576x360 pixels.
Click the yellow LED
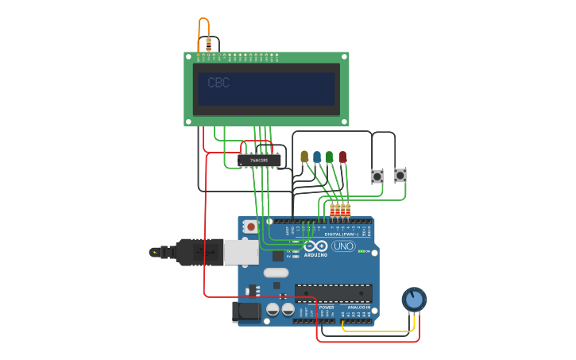(304, 157)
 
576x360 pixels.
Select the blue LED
(317, 157)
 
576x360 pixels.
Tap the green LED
(330, 157)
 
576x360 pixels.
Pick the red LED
(342, 157)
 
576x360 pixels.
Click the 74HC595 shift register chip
(259, 161)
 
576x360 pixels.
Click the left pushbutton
(377, 176)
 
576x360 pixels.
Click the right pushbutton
(400, 175)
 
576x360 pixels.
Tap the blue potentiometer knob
(413, 299)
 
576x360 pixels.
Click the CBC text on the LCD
(218, 83)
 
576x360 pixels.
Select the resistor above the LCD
(208, 44)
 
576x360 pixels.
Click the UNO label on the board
(343, 246)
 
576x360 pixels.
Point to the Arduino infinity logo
(315, 246)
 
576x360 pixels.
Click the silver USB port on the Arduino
(241, 252)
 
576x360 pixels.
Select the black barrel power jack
(246, 312)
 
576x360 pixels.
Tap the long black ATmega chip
(333, 292)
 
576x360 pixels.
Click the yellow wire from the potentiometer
(373, 331)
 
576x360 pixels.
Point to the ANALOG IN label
(358, 307)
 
